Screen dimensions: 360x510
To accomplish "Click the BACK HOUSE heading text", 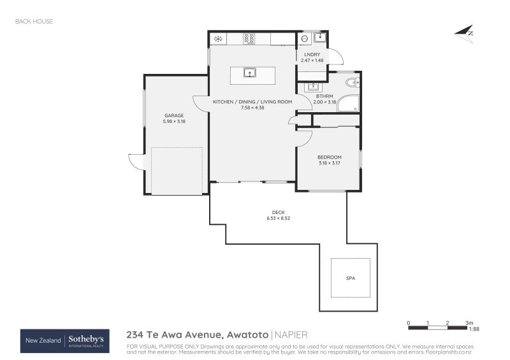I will click(34, 21).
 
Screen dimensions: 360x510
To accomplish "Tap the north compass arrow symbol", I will click(465, 33).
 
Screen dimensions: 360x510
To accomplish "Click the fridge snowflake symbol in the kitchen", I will click(218, 39).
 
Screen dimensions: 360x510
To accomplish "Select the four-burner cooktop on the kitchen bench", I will click(249, 39).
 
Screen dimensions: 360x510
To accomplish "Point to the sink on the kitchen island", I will click(249, 72).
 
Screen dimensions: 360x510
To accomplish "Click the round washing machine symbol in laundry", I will click(305, 39).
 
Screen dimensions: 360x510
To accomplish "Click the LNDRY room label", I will click(312, 55).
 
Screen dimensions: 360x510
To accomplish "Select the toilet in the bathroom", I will click(351, 82).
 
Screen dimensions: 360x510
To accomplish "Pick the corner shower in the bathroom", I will click(348, 103).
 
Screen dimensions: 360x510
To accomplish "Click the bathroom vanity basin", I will click(313, 86).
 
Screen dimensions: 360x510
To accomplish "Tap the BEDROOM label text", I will click(330, 157).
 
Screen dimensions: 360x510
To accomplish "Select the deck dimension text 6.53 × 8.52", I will click(279, 218).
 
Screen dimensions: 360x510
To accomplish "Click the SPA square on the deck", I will click(350, 278).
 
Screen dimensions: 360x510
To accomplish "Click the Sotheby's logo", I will click(85, 340).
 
